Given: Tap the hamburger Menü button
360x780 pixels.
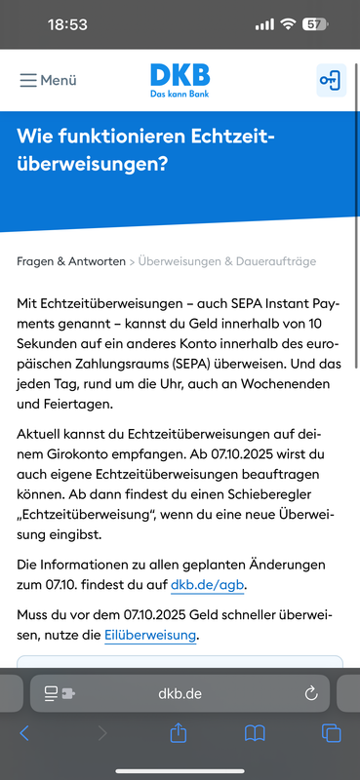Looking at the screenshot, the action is click(48, 80).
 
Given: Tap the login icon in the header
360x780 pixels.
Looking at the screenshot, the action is click(331, 80).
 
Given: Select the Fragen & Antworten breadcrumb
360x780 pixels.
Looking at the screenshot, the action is click(71, 261).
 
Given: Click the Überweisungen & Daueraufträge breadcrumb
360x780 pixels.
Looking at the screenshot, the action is click(227, 261).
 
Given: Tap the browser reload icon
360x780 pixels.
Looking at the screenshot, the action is click(311, 693).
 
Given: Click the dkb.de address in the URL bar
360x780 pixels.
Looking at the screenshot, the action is click(180, 693).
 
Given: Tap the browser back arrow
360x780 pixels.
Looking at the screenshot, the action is click(25, 732).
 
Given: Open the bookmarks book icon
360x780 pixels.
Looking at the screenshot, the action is click(255, 732).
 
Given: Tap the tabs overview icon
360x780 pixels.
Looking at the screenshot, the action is click(331, 732).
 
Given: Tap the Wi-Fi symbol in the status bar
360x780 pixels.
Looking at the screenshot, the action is click(288, 23).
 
